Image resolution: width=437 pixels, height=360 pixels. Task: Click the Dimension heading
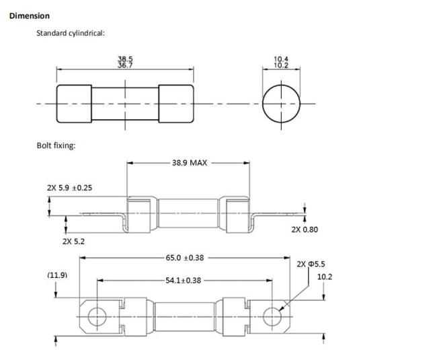click(x=30, y=16)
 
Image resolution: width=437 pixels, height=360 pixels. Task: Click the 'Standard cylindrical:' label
click(x=71, y=33)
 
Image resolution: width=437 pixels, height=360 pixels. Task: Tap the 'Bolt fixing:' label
click(x=56, y=145)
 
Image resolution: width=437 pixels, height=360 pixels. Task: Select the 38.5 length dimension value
click(x=125, y=59)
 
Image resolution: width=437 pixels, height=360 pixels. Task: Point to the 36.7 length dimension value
click(x=125, y=65)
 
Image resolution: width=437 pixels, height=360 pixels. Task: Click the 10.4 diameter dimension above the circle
click(x=281, y=59)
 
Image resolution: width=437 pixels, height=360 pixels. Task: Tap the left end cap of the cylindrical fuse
click(x=74, y=104)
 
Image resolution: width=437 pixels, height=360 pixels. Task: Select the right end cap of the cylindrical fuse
click(x=176, y=104)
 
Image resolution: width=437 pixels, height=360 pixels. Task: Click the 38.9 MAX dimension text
click(x=190, y=163)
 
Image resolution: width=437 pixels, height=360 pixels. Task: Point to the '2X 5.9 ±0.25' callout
click(x=69, y=188)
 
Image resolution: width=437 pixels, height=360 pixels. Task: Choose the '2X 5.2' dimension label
click(x=73, y=242)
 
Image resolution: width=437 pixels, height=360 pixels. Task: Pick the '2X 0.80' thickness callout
click(x=305, y=229)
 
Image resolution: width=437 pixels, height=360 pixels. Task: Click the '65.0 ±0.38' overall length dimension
click(x=185, y=258)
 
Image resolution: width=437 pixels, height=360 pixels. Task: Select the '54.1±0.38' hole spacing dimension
click(x=183, y=280)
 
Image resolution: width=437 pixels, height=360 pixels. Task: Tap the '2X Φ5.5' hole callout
click(x=311, y=264)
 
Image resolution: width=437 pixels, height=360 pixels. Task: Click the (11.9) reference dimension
click(x=57, y=275)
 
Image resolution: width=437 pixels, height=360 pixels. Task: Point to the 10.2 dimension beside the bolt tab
click(x=325, y=277)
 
